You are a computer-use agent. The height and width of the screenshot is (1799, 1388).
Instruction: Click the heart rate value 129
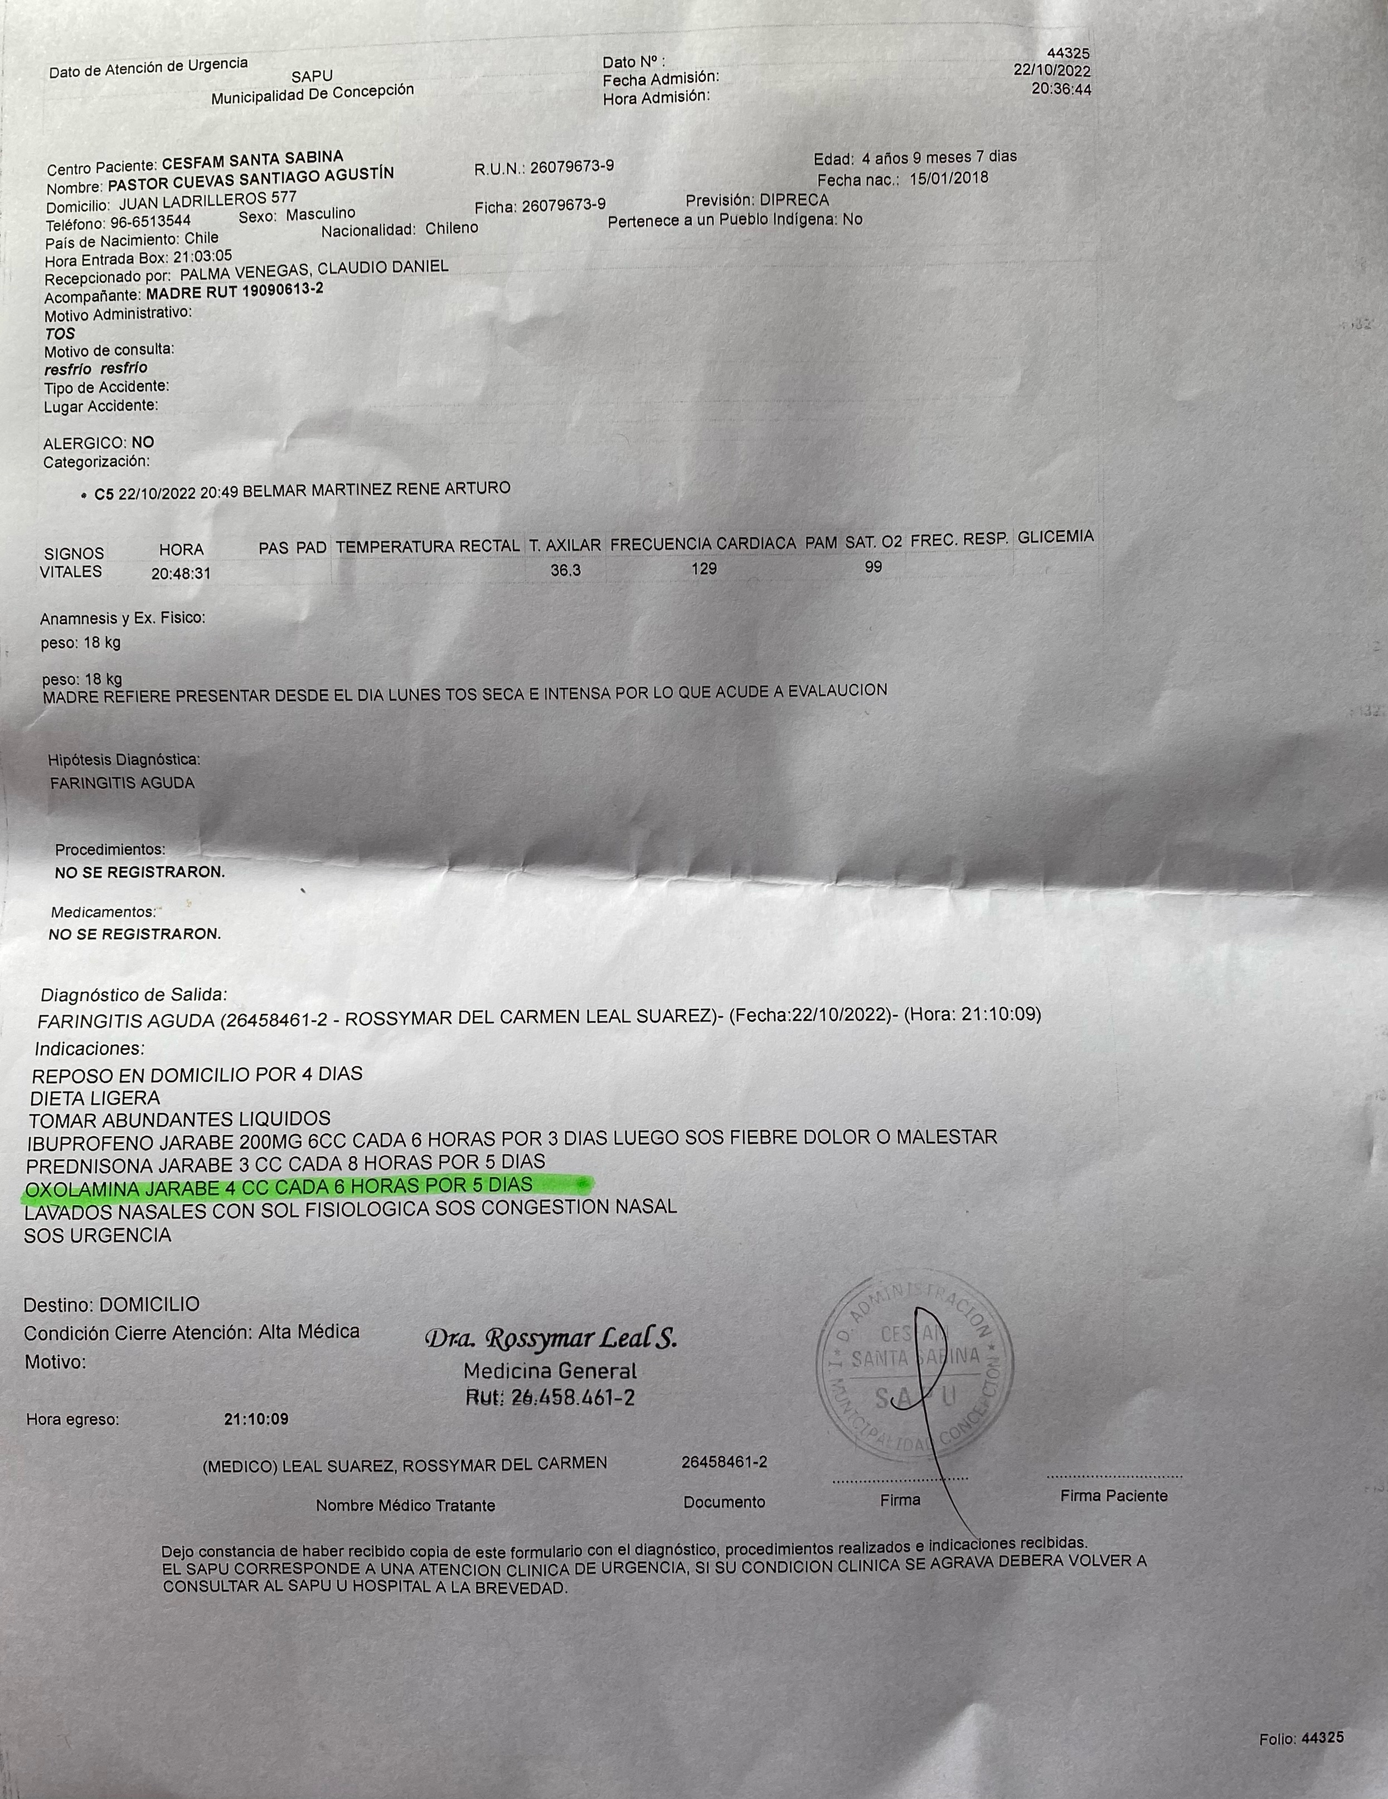pyautogui.click(x=704, y=569)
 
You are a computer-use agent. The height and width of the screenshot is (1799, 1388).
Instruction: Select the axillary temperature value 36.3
pyautogui.click(x=565, y=570)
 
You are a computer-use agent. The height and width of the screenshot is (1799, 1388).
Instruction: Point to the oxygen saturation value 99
pyautogui.click(x=873, y=567)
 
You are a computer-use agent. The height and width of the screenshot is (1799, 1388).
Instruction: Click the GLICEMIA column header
pyautogui.click(x=1055, y=537)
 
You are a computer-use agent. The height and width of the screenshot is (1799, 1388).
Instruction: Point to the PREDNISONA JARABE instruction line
pyautogui.click(x=285, y=1165)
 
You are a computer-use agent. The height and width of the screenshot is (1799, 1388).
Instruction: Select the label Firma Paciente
pyautogui.click(x=1114, y=1496)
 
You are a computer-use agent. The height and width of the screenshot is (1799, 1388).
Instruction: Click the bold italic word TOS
pyautogui.click(x=60, y=333)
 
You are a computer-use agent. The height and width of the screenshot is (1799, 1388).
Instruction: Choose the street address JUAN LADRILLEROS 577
pyautogui.click(x=207, y=200)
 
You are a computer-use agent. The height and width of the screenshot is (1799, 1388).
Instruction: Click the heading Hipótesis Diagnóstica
pyautogui.click(x=124, y=759)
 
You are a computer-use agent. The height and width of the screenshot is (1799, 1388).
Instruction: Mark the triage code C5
pyautogui.click(x=104, y=494)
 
